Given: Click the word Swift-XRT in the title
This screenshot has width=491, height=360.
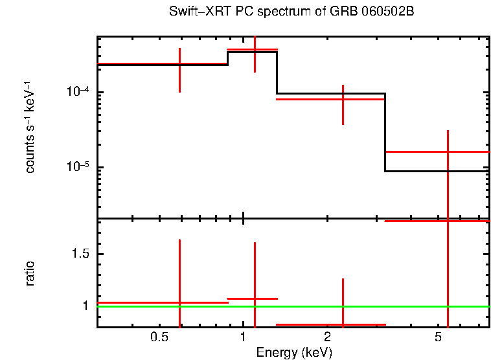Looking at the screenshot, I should click(196, 12).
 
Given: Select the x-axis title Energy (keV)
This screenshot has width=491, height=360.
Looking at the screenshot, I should click(294, 352).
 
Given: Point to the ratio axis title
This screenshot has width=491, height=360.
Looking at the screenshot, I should click(30, 273).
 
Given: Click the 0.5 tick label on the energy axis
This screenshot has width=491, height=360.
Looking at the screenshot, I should click(159, 337).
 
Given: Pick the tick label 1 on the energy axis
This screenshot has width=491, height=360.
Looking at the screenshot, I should click(243, 337).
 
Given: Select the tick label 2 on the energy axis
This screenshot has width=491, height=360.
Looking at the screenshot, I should click(328, 337).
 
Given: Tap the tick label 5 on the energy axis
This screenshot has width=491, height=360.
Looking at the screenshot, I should click(438, 337).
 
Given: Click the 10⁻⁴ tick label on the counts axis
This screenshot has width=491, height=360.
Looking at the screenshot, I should click(78, 92).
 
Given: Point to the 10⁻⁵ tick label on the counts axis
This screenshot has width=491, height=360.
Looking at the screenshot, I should click(78, 167).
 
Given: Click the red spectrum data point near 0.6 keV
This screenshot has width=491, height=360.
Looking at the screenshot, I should click(179, 64).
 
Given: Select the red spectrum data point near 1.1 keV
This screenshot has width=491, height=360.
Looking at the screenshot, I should click(255, 49).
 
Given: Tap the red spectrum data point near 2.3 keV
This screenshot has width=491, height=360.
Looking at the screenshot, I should click(343, 99).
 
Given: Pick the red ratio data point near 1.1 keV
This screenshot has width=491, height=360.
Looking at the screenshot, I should click(255, 298).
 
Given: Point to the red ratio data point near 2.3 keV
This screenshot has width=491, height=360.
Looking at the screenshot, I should click(343, 324).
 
